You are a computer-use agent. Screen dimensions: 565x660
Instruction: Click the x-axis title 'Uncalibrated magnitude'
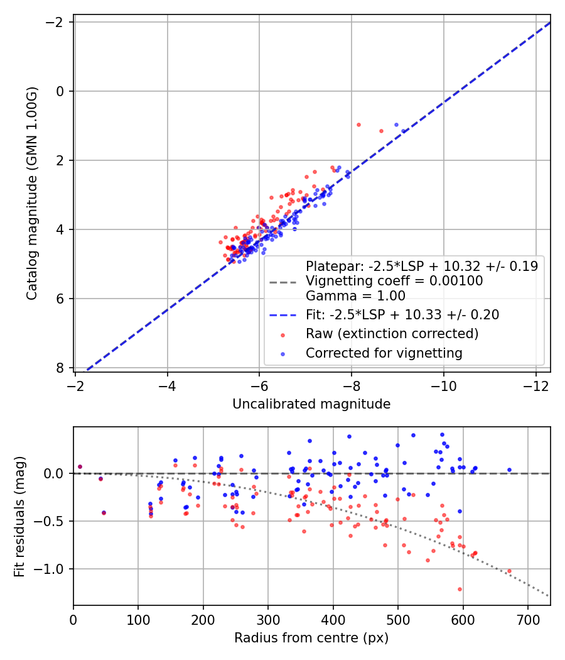[311, 404]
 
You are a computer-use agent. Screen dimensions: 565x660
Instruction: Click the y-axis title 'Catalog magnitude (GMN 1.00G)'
[32, 193]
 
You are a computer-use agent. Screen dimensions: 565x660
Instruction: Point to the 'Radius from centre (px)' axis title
[311, 638]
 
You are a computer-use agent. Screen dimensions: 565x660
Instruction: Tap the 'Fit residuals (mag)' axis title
[19, 517]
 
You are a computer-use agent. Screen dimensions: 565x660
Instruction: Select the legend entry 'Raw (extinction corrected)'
[392, 334]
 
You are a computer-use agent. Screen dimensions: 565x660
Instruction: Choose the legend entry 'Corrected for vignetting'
[384, 353]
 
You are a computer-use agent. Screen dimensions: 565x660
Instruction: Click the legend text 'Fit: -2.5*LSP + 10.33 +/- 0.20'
[402, 315]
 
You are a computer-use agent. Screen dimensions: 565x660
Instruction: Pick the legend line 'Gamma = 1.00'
[355, 296]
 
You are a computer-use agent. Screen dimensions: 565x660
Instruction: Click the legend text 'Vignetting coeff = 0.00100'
[394, 281]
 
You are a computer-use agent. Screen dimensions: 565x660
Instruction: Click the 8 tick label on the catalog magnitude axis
[60, 368]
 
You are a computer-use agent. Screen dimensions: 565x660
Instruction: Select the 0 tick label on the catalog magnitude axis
[60, 91]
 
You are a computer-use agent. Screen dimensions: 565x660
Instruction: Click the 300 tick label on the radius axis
[268, 620]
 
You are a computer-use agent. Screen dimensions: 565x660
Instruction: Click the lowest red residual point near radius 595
[460, 590]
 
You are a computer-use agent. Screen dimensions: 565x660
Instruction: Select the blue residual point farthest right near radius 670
[510, 470]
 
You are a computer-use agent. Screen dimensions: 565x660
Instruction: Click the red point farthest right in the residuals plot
[510, 571]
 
